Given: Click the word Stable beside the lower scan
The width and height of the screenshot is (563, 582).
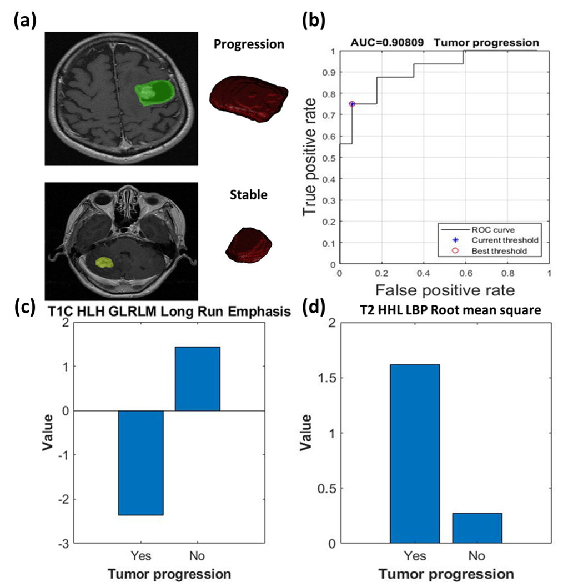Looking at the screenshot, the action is pos(249,194).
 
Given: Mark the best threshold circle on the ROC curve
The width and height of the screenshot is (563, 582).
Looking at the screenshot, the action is pos(351,104).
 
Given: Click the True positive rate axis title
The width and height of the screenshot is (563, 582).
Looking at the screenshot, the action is pos(312,158).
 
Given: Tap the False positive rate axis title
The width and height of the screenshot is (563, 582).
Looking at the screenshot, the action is pos(444,289).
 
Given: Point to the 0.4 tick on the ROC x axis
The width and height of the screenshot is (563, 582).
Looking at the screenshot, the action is pos(423,274).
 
